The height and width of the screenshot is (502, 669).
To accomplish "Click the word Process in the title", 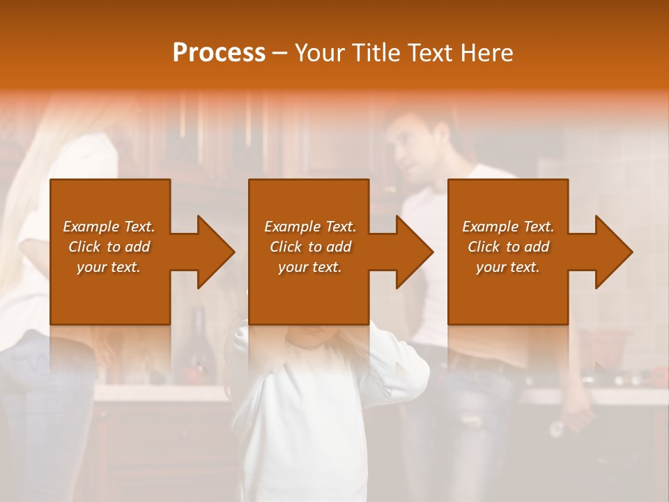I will (219, 53).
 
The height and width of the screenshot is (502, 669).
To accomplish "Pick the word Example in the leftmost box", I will (91, 227).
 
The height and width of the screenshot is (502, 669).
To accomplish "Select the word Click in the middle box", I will (285, 247).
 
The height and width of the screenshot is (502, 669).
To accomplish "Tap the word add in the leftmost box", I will (138, 247).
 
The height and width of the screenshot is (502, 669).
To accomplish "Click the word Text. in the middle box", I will (339, 227).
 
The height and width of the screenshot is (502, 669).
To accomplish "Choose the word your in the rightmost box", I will (491, 267).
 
